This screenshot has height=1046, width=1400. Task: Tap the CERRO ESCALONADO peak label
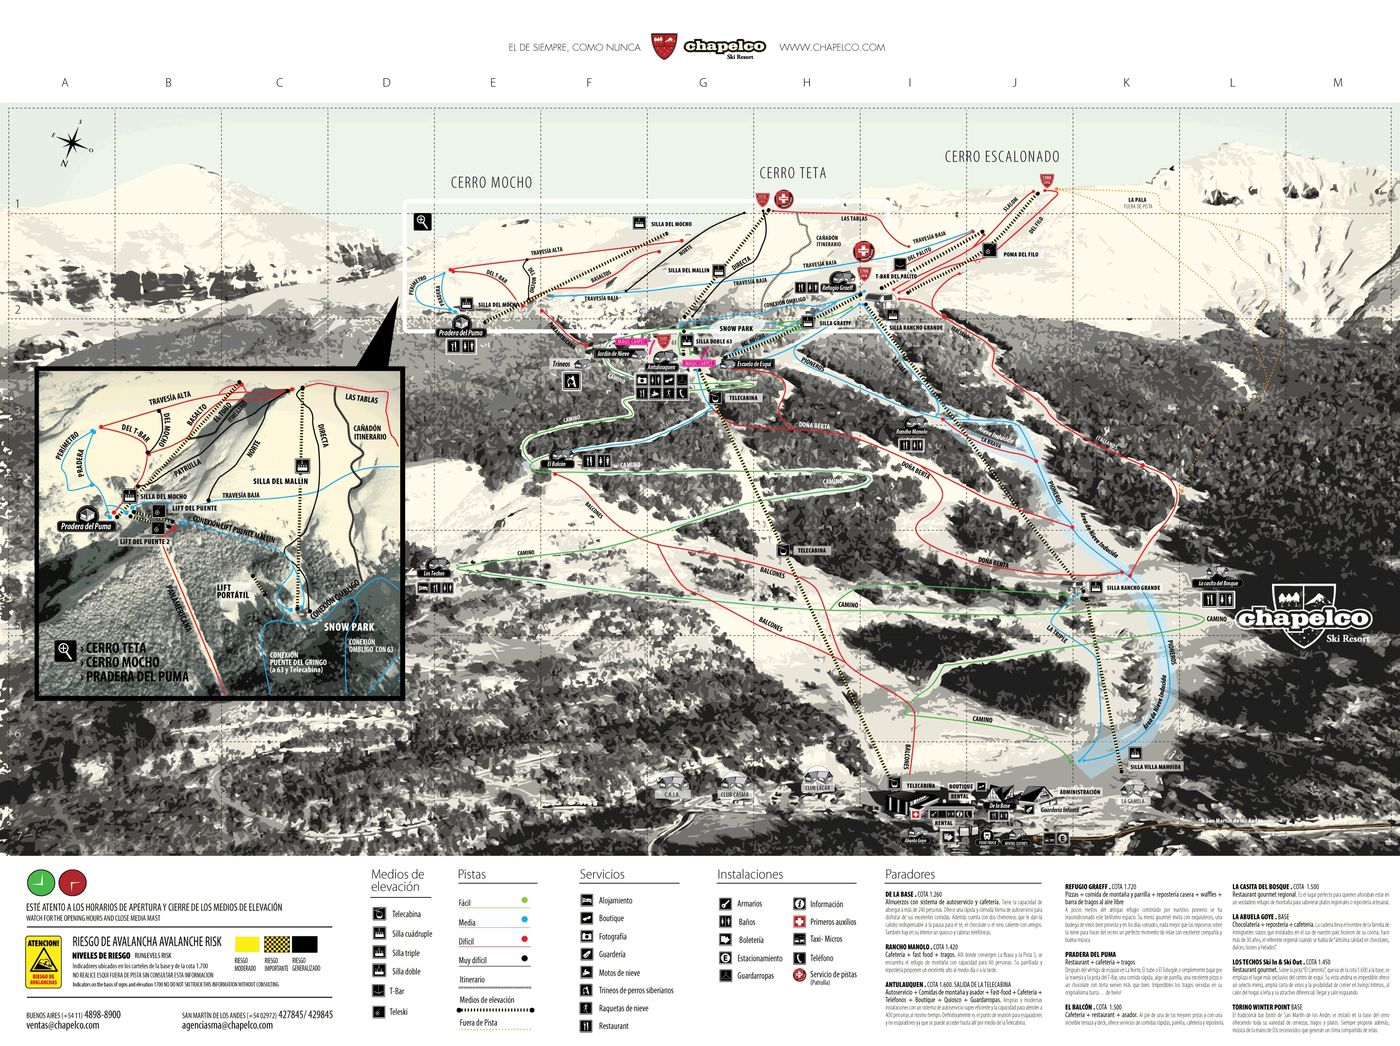coord(1001,156)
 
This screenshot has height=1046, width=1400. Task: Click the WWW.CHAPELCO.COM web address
coord(832,47)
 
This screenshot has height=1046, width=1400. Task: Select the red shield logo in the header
coord(663,46)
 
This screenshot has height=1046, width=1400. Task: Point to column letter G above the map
coord(703,83)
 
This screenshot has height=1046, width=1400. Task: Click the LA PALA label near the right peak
coord(1138,200)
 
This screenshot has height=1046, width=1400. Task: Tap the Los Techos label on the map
coord(435,573)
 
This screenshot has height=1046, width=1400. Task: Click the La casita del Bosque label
coord(1218,583)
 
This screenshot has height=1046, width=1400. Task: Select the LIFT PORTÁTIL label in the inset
coord(233,591)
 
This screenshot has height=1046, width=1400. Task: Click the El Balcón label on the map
coord(557,463)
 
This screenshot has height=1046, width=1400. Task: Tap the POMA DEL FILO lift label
coord(1021,254)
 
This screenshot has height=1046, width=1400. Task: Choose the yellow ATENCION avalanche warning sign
coord(43,962)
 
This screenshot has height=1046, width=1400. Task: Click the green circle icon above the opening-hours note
coord(40,882)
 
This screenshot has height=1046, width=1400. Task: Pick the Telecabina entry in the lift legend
coord(406,914)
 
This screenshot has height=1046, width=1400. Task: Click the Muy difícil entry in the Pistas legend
coord(473,959)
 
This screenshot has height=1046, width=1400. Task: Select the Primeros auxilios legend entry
coord(832,922)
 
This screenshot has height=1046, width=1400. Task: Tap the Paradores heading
coord(909,874)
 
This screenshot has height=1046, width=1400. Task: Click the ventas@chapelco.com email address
coord(63,1025)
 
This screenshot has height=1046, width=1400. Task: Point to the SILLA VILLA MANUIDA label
coord(1155,767)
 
